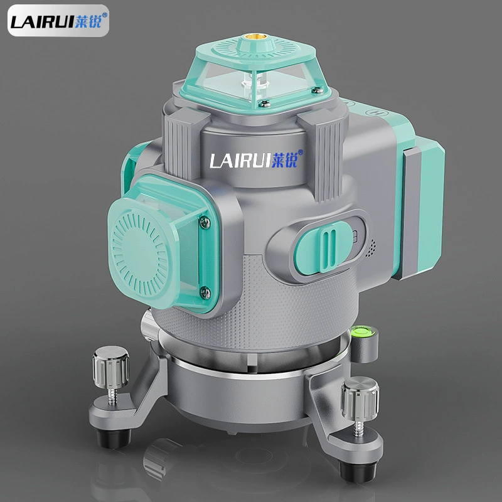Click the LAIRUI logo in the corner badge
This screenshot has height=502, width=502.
pos(58,21)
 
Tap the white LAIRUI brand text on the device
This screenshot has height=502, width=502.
pos(240,161)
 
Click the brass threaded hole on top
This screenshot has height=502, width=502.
pos(255,36)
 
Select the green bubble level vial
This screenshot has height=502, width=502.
pos(363,331)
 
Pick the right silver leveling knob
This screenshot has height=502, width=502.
pos(360,398)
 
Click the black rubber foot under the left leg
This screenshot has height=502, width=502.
pos(114,437)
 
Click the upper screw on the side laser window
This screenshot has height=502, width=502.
pos(205,222)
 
